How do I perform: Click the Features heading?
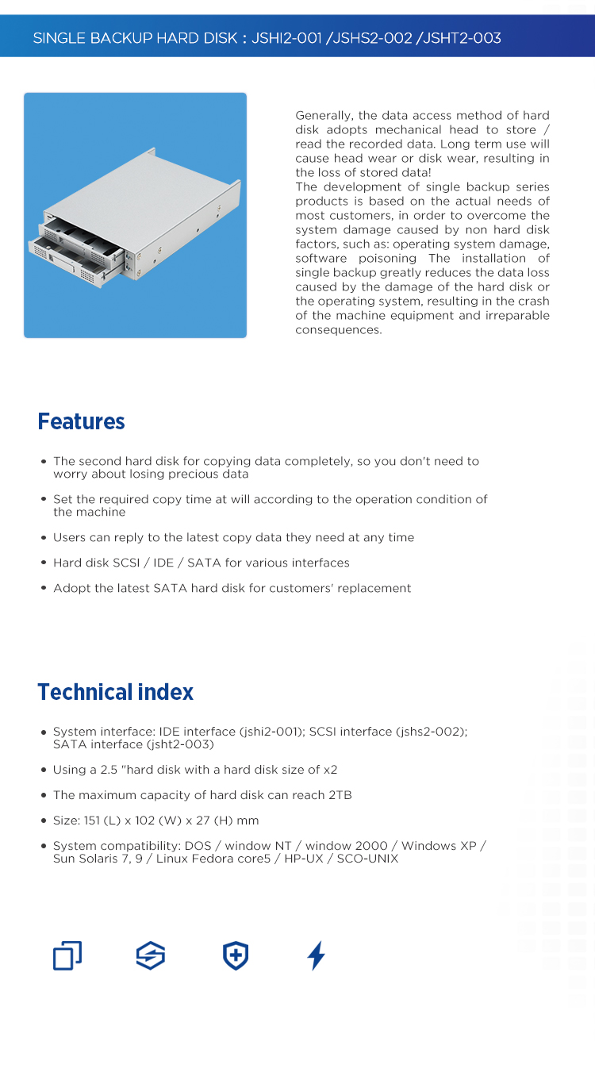pyautogui.click(x=81, y=421)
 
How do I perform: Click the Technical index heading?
pyautogui.click(x=115, y=692)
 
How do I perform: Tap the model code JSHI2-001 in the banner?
pyautogui.click(x=286, y=38)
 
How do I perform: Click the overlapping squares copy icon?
pyautogui.click(x=67, y=955)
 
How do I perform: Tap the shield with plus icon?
pyautogui.click(x=236, y=955)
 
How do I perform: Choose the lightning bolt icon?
pyautogui.click(x=316, y=955)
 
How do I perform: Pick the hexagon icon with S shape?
pyautogui.click(x=151, y=955)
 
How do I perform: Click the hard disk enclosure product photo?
pyautogui.click(x=135, y=215)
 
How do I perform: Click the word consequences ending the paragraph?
pyautogui.click(x=338, y=330)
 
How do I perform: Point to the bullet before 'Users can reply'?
pyautogui.click(x=44, y=538)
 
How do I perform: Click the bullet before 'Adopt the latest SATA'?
pyautogui.click(x=44, y=589)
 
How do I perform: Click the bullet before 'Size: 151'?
pyautogui.click(x=44, y=821)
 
